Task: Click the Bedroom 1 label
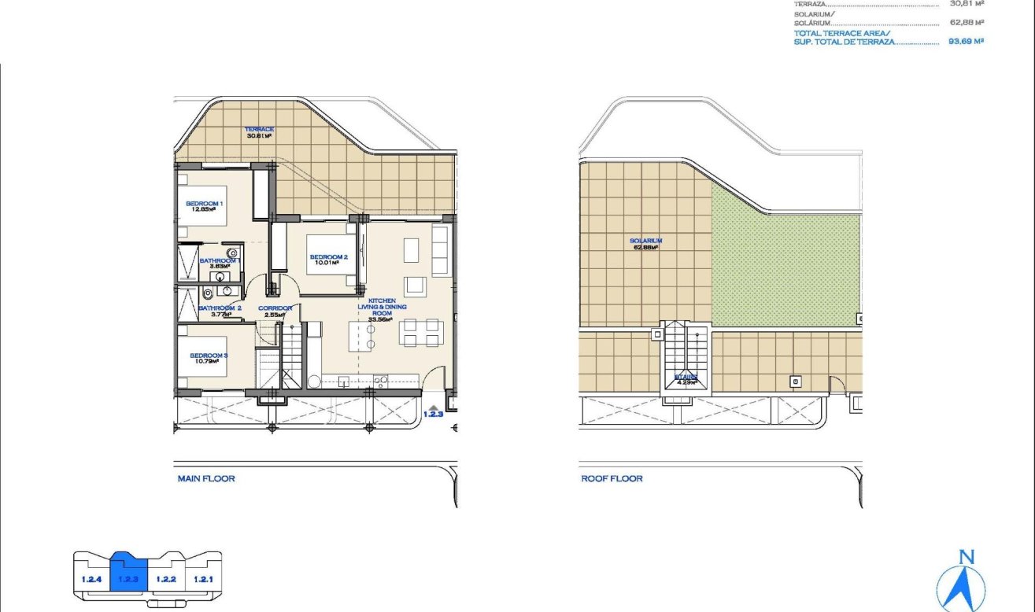click(205, 204)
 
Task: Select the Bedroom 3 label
click(209, 356)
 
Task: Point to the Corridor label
click(275, 308)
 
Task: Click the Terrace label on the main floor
click(259, 128)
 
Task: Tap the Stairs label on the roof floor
click(686, 378)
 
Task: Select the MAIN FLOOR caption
click(206, 478)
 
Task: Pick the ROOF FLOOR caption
click(612, 478)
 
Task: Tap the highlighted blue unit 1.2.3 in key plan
click(128, 580)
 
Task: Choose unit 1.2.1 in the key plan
click(203, 580)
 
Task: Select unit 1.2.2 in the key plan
click(165, 580)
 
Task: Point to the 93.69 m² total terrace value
click(967, 41)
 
